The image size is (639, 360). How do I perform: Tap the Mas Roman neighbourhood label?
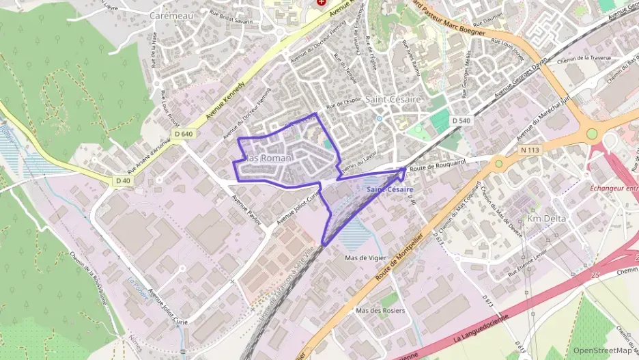click(x=268, y=158)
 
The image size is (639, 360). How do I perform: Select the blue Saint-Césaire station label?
click(x=389, y=189)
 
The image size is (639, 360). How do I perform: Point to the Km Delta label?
click(x=548, y=219)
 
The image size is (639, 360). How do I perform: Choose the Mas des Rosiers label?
click(x=380, y=310)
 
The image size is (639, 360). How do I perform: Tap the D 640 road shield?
click(x=183, y=134)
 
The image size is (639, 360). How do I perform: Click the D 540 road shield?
click(x=461, y=120)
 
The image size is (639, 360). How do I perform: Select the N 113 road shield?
click(x=529, y=150)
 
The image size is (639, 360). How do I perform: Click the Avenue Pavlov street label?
click(x=246, y=214)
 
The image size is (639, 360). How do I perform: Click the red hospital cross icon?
click(x=320, y=3)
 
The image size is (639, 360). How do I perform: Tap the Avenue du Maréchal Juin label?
click(x=544, y=116)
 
